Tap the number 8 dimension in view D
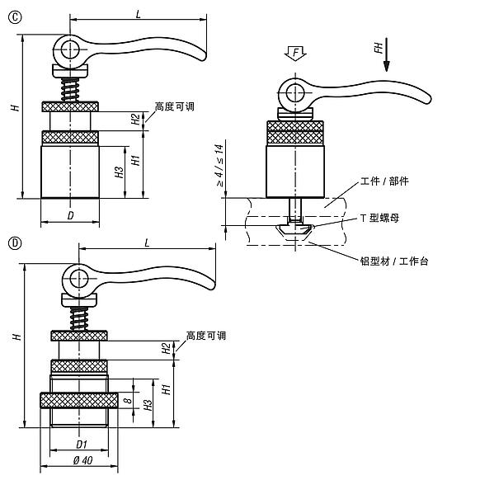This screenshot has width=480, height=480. click(126, 400)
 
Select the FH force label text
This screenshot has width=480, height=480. click(379, 50)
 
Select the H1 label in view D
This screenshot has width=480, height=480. click(165, 388)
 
